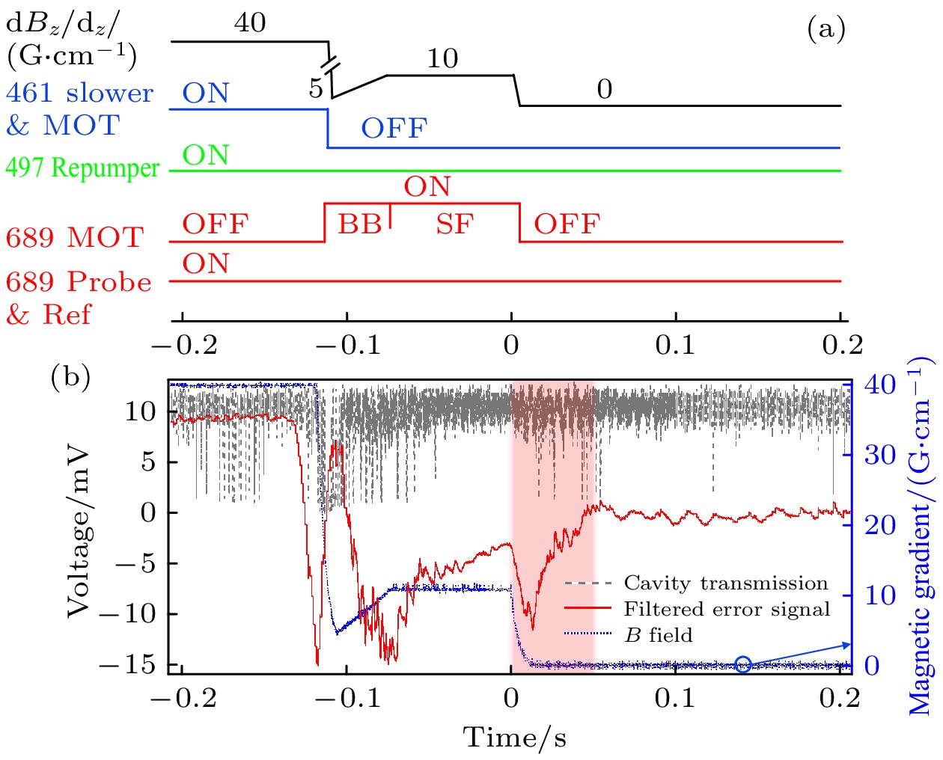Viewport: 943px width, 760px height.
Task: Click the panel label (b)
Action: click(x=70, y=376)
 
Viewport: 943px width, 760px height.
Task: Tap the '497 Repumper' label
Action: click(x=82, y=168)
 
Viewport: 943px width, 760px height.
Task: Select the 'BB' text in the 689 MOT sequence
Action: click(x=359, y=224)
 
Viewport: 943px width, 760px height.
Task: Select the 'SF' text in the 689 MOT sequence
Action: click(x=455, y=224)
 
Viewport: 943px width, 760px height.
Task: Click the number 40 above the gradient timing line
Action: click(x=250, y=22)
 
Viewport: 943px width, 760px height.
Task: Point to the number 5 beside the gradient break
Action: click(x=316, y=88)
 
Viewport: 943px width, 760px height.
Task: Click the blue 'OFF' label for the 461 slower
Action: click(x=394, y=129)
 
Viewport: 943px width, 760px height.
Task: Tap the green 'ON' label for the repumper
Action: click(x=206, y=155)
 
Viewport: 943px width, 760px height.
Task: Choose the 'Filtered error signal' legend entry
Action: click(x=727, y=609)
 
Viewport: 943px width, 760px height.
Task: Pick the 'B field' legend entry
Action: click(x=659, y=635)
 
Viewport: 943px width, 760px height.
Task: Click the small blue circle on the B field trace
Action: click(x=742, y=664)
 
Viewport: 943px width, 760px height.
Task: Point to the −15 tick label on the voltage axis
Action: click(x=132, y=664)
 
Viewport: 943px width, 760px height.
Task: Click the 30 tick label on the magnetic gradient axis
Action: click(x=880, y=455)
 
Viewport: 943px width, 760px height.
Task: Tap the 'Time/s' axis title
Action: click(x=515, y=738)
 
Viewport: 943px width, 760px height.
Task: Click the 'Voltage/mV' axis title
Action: click(x=78, y=533)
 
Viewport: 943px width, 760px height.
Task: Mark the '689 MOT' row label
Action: click(x=75, y=238)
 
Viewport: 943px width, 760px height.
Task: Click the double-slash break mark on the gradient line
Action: click(x=330, y=62)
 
